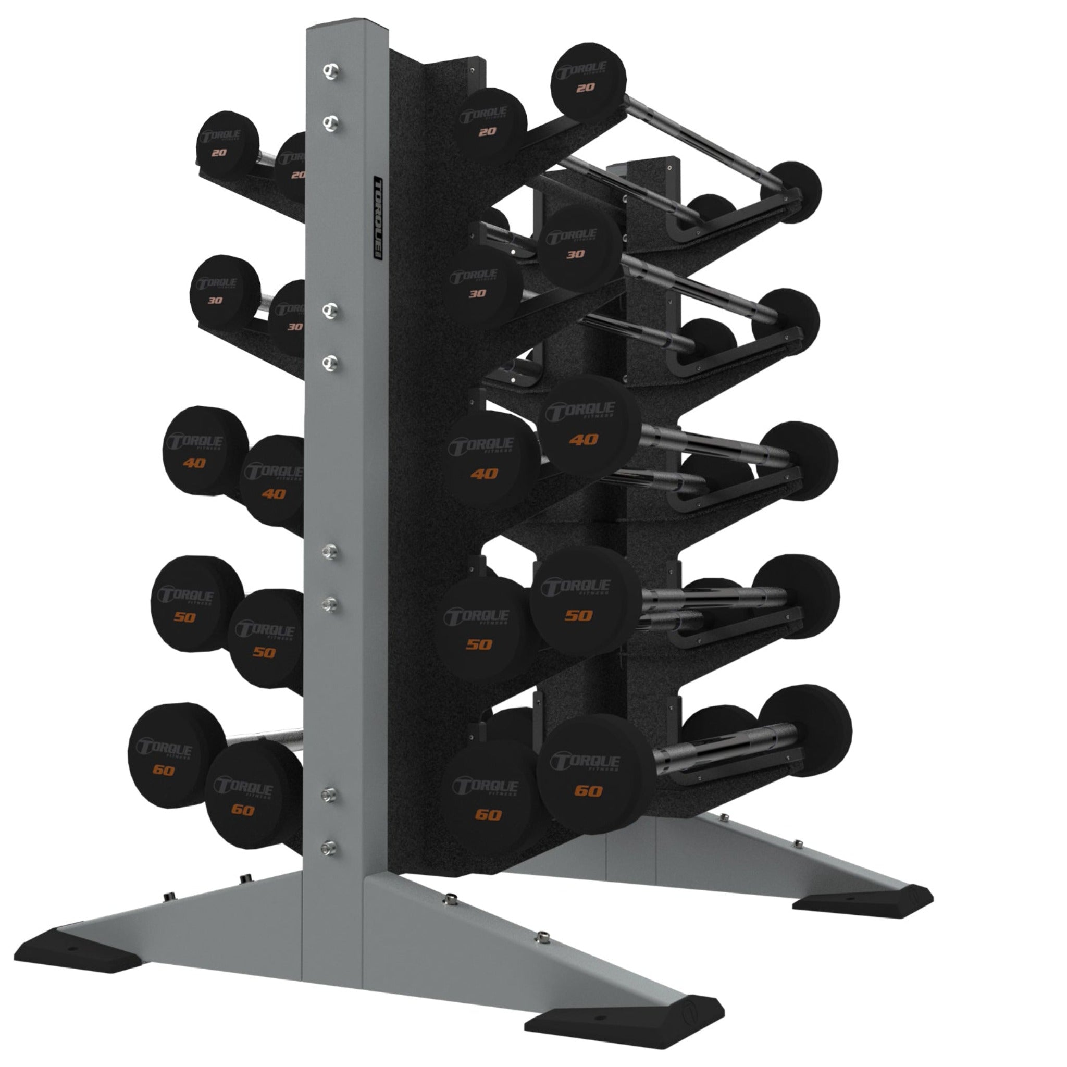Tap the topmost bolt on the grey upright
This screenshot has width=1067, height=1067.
tap(331, 71)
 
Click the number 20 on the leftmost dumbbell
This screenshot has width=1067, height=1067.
tap(219, 153)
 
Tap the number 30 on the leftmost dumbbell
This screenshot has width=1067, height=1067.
tap(215, 301)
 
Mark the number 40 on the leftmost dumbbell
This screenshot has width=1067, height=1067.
tap(194, 463)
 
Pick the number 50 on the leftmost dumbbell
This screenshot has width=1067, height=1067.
tap(184, 617)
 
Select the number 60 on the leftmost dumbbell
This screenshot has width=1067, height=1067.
tap(164, 770)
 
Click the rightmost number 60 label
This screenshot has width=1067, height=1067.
tap(588, 791)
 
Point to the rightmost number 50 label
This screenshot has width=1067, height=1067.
tap(579, 615)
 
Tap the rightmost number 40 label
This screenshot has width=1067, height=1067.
tap(584, 440)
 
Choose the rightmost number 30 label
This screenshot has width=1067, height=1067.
tap(576, 255)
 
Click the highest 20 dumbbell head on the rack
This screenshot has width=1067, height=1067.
tap(588, 80)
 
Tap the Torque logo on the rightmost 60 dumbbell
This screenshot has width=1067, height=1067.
tap(586, 762)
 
